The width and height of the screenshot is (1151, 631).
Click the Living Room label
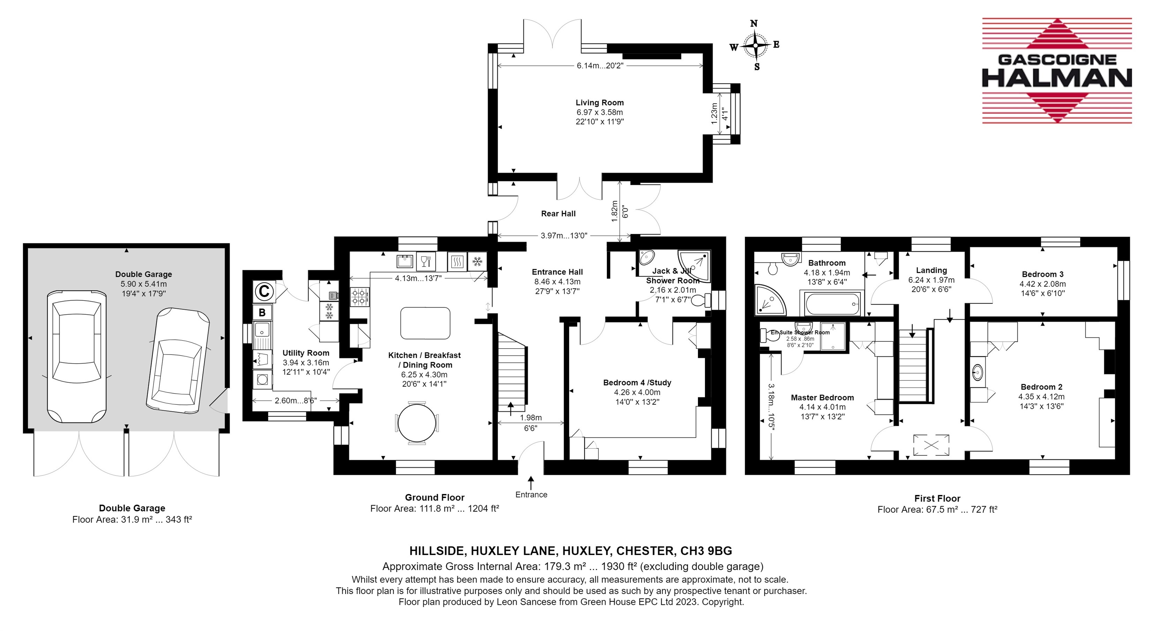599,103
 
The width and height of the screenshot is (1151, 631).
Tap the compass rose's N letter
754,23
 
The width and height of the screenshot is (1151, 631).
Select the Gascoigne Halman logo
1057,70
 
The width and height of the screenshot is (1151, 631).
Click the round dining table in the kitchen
416,423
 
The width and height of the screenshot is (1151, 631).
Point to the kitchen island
425,323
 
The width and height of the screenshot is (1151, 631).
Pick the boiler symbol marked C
264,291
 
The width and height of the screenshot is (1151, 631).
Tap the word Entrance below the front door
531,494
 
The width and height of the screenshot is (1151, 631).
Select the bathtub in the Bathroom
832,304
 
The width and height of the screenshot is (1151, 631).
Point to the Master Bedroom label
822,397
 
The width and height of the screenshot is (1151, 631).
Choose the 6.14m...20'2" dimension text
600,66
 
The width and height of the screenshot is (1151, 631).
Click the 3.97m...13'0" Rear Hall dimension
564,235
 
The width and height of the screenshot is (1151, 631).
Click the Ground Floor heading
434,497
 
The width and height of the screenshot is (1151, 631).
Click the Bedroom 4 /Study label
637,382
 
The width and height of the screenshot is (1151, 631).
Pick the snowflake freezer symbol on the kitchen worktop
477,261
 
